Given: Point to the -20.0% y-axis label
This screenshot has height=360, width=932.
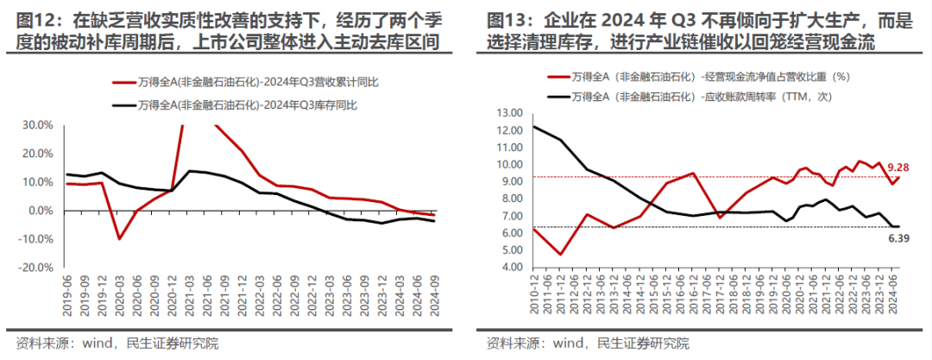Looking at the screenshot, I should [40, 268].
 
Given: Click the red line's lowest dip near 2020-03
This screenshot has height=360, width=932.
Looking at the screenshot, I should [120, 238].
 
